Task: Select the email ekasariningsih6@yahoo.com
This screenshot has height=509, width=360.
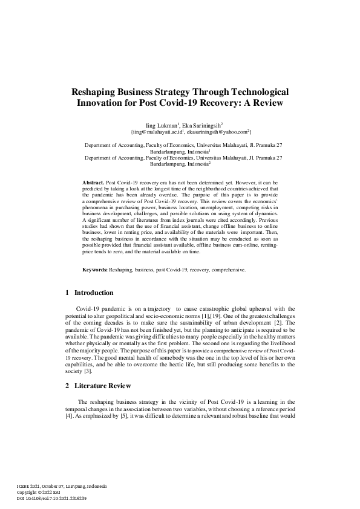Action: (x=218, y=131)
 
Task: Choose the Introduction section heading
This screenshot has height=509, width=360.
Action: (x=93, y=293)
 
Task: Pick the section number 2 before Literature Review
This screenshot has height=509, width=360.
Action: (x=67, y=386)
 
